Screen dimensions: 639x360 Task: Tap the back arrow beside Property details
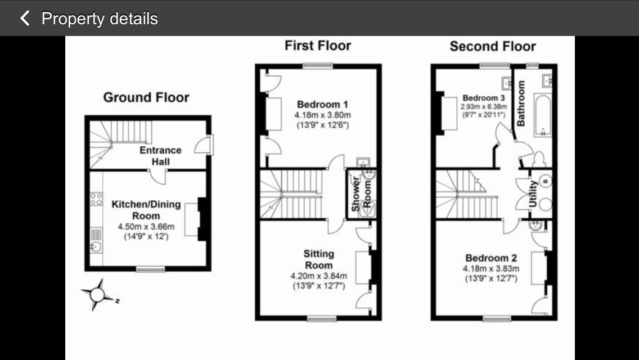coord(25,19)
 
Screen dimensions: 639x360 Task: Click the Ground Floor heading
coord(146,97)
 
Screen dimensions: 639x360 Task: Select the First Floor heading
coord(318,45)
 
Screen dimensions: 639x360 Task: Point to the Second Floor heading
coord(493,46)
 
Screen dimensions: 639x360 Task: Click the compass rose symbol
coord(97,294)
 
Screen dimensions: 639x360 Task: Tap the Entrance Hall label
coord(160,156)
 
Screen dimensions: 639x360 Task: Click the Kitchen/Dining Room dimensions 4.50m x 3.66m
coord(146,227)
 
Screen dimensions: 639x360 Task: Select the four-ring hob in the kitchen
coord(96,199)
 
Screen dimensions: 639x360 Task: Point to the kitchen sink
coord(96,247)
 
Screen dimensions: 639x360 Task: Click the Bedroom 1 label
coord(322,105)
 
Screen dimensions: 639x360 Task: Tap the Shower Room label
coord(361,193)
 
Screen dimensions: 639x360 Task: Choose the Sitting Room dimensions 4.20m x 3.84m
coord(319,276)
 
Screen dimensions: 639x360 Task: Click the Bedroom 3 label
coord(484,98)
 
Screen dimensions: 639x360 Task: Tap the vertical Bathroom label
coord(521,103)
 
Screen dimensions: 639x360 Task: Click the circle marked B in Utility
coord(545,181)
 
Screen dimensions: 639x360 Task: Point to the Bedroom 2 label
coord(491,258)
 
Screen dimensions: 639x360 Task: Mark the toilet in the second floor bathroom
coord(538,159)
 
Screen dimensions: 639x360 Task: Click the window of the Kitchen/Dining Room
coord(150,269)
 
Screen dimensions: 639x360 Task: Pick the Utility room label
coord(533,193)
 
